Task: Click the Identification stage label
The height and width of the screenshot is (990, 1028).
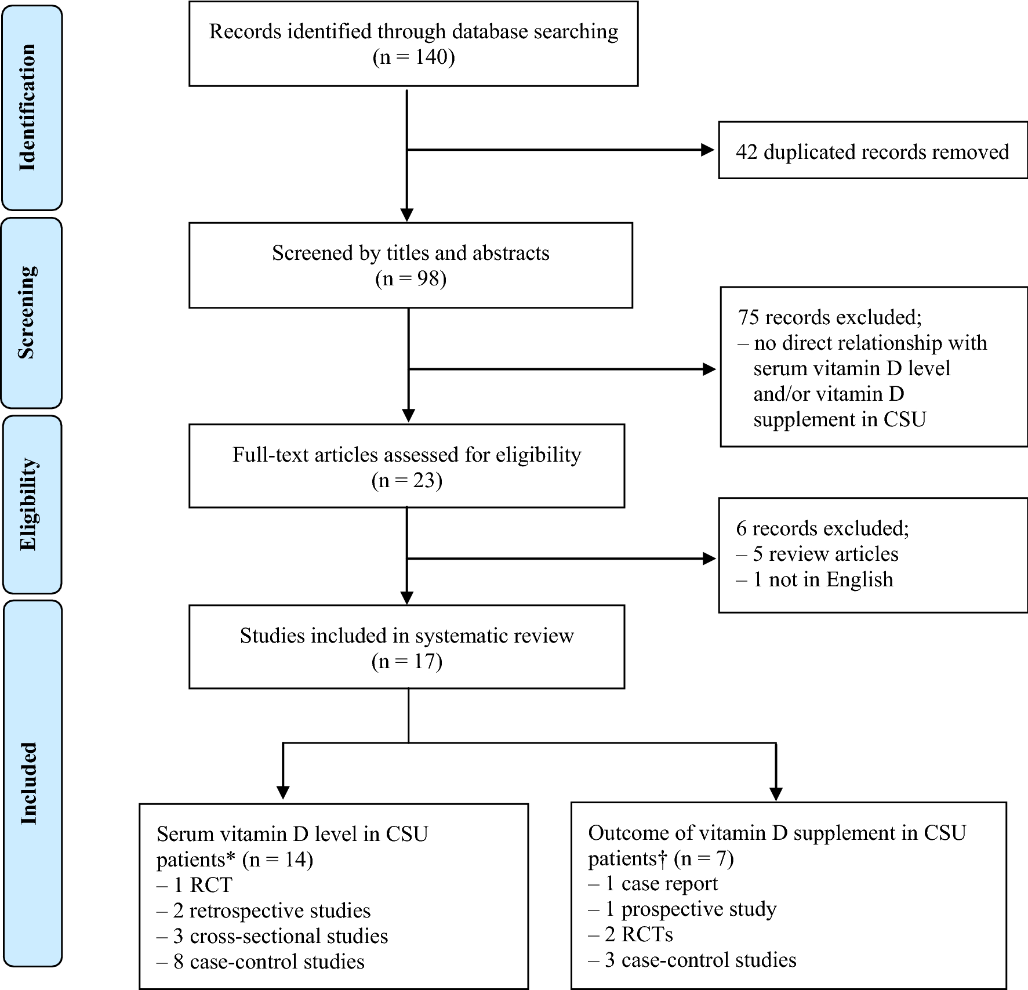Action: tap(28, 107)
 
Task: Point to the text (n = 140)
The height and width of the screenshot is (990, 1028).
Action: tap(413, 57)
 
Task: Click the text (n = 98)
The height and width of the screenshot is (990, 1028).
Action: tap(411, 279)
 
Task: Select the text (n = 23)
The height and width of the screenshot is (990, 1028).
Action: tap(406, 480)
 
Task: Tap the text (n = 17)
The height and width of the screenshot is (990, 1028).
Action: tap(406, 661)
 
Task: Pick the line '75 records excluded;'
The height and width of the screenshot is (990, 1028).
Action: tap(829, 317)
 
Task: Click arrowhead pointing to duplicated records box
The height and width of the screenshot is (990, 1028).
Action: tap(707, 150)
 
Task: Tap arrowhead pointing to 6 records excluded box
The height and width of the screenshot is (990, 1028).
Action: tap(709, 559)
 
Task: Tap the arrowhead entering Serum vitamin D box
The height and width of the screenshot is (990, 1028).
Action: tap(283, 792)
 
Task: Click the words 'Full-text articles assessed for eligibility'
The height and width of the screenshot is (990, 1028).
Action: tap(406, 455)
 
